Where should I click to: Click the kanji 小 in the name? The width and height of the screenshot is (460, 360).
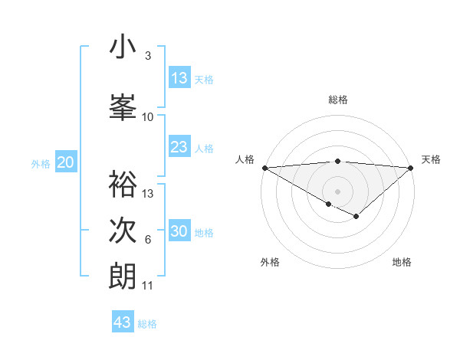coord(123,47)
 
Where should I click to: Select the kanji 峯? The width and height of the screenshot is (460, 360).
coord(123,107)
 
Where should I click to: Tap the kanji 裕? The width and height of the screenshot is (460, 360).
coord(123,184)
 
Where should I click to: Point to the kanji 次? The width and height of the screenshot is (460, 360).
coord(123,230)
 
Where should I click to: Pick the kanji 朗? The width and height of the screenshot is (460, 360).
coord(123,276)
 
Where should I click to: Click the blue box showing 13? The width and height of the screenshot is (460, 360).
coord(179,77)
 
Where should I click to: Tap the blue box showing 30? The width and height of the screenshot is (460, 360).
coord(179,231)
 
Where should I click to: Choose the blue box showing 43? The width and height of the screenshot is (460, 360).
coord(123,322)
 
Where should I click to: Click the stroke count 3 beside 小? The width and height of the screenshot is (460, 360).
coord(148,56)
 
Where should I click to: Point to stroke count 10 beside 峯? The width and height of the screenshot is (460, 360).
coord(148,117)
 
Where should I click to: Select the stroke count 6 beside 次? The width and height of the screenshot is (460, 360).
coord(148,240)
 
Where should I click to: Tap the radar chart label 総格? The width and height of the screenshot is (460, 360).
coord(337,100)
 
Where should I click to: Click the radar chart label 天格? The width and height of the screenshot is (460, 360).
coord(431,159)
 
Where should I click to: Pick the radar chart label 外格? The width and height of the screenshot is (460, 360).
coord(270,262)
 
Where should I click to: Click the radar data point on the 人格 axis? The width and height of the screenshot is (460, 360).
coord(264,168)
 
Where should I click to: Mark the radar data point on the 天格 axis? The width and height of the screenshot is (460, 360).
coord(411,168)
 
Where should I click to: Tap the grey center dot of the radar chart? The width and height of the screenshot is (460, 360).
coord(337,191)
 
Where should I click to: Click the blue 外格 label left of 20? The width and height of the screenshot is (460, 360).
coord(41,163)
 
